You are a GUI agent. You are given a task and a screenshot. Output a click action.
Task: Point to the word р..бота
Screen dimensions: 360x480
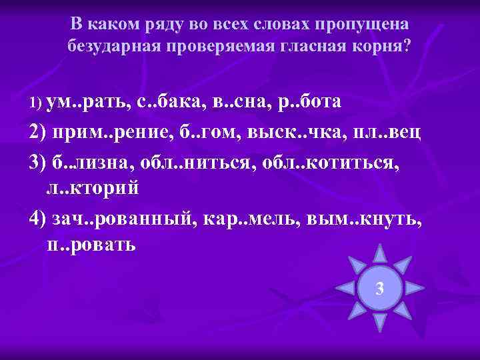pos(311,103)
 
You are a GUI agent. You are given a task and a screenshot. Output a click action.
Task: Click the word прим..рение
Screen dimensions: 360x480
pos(107,132)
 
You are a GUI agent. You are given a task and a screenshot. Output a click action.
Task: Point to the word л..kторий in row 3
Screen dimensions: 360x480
pos(93,189)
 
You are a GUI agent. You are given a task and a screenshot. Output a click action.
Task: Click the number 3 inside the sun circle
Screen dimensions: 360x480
pos(379,289)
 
